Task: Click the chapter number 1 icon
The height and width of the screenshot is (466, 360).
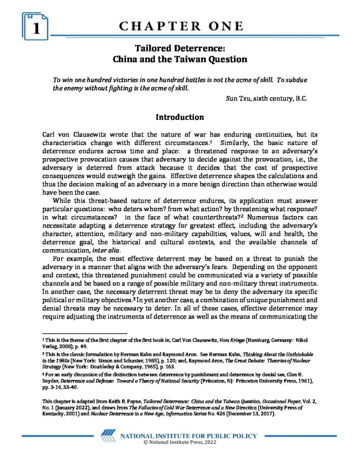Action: point(35,27)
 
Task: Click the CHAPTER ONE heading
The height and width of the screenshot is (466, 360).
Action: point(181,26)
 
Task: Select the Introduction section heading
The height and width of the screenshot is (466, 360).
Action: point(180,117)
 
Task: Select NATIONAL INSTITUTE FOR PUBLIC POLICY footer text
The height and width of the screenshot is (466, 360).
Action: point(188,436)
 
